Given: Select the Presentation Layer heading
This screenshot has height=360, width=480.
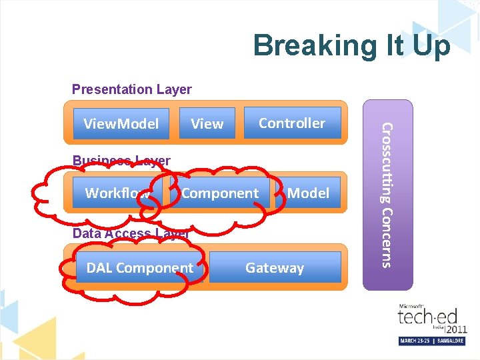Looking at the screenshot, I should click(x=131, y=89).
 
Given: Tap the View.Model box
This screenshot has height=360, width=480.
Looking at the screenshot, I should click(x=121, y=123).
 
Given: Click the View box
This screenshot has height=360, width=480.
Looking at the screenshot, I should click(x=207, y=123).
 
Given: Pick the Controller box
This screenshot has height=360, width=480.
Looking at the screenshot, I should click(x=292, y=123).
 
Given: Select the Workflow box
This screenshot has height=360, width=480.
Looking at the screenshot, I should click(x=117, y=193).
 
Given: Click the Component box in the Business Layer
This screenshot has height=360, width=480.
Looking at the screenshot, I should click(x=219, y=193).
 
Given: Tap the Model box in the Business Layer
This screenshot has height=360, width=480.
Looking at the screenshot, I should click(x=308, y=193).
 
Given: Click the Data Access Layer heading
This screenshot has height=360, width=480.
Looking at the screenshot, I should click(x=131, y=233).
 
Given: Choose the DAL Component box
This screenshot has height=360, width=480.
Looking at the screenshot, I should click(x=139, y=268).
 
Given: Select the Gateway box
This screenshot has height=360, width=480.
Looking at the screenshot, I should click(x=275, y=268).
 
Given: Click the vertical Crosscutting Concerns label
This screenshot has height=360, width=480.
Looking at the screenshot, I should click(x=388, y=194).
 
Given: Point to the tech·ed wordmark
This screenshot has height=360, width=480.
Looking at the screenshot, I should click(x=426, y=317).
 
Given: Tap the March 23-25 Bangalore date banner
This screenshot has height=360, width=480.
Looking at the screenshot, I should click(x=432, y=341).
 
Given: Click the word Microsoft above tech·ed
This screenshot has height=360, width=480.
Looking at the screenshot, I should click(x=411, y=306).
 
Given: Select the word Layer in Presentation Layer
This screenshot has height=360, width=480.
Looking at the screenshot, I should click(x=174, y=89).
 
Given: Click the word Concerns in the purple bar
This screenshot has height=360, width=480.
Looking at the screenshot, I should click(x=388, y=237).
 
